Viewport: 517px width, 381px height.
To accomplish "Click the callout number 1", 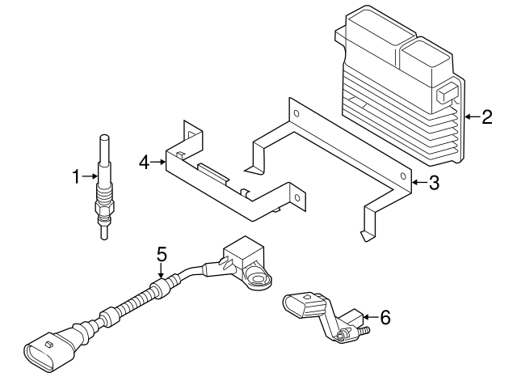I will [77, 176].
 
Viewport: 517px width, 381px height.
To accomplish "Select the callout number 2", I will [486, 117].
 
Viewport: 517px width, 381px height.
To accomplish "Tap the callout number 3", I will [434, 184].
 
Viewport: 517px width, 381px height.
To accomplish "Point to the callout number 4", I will [144, 163].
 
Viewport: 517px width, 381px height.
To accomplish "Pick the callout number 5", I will [162, 254].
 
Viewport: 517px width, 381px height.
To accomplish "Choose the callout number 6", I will [385, 318].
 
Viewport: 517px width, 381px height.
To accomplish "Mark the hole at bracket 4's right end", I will [297, 197].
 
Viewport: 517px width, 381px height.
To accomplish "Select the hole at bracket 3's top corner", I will [295, 114].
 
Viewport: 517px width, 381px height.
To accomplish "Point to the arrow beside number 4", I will [158, 163].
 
